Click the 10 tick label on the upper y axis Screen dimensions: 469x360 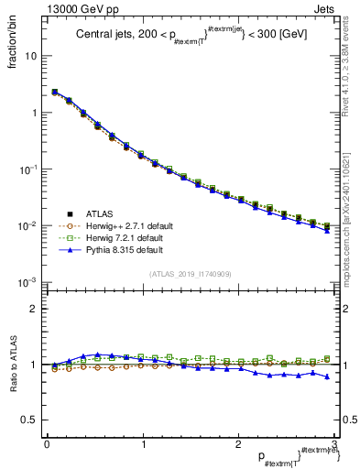pyautogui.click(x=31, y=56)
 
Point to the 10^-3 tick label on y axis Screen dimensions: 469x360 pyautogui.click(x=28, y=282)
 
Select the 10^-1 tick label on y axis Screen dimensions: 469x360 pyautogui.click(x=28, y=169)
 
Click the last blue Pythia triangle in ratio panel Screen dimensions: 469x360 pyautogui.click(x=328, y=376)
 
